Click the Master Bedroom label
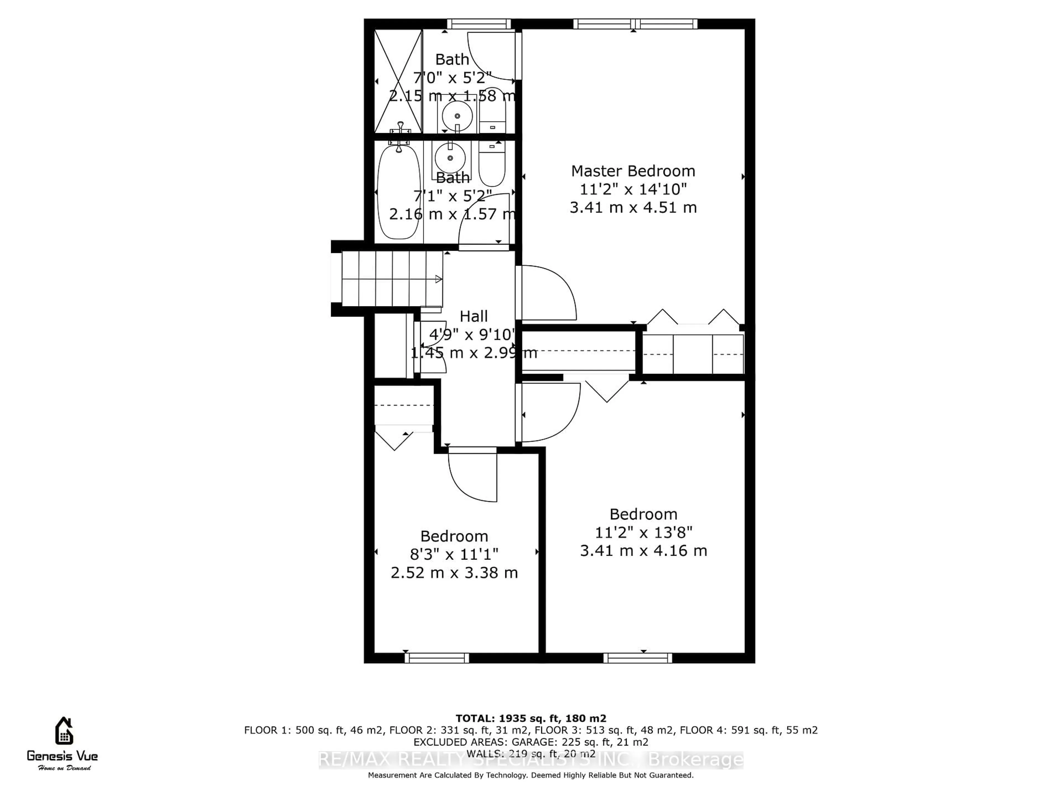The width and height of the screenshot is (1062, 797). [633, 171]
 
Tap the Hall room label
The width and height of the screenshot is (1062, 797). [473, 316]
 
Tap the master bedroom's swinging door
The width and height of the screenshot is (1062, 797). [547, 293]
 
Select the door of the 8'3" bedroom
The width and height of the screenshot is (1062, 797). [473, 476]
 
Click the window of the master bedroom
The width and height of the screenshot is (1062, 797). [635, 24]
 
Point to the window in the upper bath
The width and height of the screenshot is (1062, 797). [479, 24]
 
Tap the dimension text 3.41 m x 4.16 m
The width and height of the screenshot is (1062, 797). [643, 550]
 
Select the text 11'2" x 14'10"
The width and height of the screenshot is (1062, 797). [633, 189]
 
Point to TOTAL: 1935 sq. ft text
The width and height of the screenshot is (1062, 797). [530, 718]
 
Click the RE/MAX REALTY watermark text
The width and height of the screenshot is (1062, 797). [530, 760]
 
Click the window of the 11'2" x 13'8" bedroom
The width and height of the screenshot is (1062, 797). [637, 658]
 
